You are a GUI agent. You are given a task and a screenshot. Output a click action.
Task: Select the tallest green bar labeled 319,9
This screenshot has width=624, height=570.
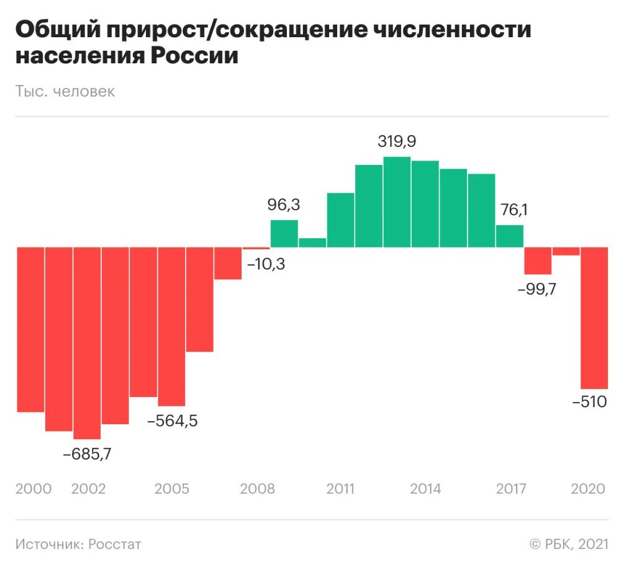click(x=397, y=202)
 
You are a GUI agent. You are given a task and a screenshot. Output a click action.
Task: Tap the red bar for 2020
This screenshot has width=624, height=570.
click(x=594, y=317)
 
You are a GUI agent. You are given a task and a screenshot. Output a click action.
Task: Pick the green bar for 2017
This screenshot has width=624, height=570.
click(x=510, y=236)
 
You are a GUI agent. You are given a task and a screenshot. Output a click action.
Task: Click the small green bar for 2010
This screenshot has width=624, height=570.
click(x=312, y=243)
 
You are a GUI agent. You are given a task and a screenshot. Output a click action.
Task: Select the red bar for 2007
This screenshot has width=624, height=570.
click(x=228, y=263)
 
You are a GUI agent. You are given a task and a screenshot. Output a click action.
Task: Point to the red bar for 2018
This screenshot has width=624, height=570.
click(x=538, y=261)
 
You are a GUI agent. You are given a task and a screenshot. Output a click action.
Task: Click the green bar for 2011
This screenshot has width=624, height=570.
click(x=340, y=220)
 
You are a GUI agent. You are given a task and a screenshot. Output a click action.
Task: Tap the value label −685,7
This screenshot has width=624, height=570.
click(x=87, y=453)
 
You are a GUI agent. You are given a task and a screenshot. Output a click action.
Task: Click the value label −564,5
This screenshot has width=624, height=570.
click(x=172, y=421)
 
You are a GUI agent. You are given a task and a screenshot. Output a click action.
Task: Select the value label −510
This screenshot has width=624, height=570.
click(x=589, y=402)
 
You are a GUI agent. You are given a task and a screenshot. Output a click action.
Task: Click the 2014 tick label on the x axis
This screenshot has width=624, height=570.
click(x=425, y=489)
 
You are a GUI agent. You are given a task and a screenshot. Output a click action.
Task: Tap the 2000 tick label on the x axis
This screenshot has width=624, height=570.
click(x=34, y=489)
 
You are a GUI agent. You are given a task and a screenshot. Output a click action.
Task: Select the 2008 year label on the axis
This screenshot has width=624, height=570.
click(x=257, y=489)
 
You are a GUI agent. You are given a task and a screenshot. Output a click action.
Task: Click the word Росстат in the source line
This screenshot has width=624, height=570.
click(x=114, y=544)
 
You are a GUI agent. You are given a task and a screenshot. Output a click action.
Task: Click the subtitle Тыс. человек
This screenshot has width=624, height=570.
click(x=65, y=91)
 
